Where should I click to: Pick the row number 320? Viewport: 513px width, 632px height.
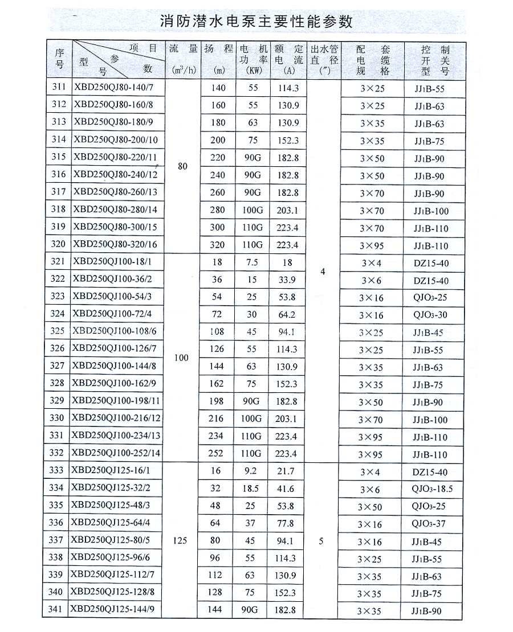[58, 245]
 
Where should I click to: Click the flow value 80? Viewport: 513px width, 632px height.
[183, 166]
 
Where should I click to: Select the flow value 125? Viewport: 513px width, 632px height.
[180, 541]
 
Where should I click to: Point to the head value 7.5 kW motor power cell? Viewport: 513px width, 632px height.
[252, 262]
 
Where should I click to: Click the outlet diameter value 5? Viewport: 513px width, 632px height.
[321, 541]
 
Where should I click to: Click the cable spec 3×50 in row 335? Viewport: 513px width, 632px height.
[372, 507]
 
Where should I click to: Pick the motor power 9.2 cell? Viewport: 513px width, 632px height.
[252, 471]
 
